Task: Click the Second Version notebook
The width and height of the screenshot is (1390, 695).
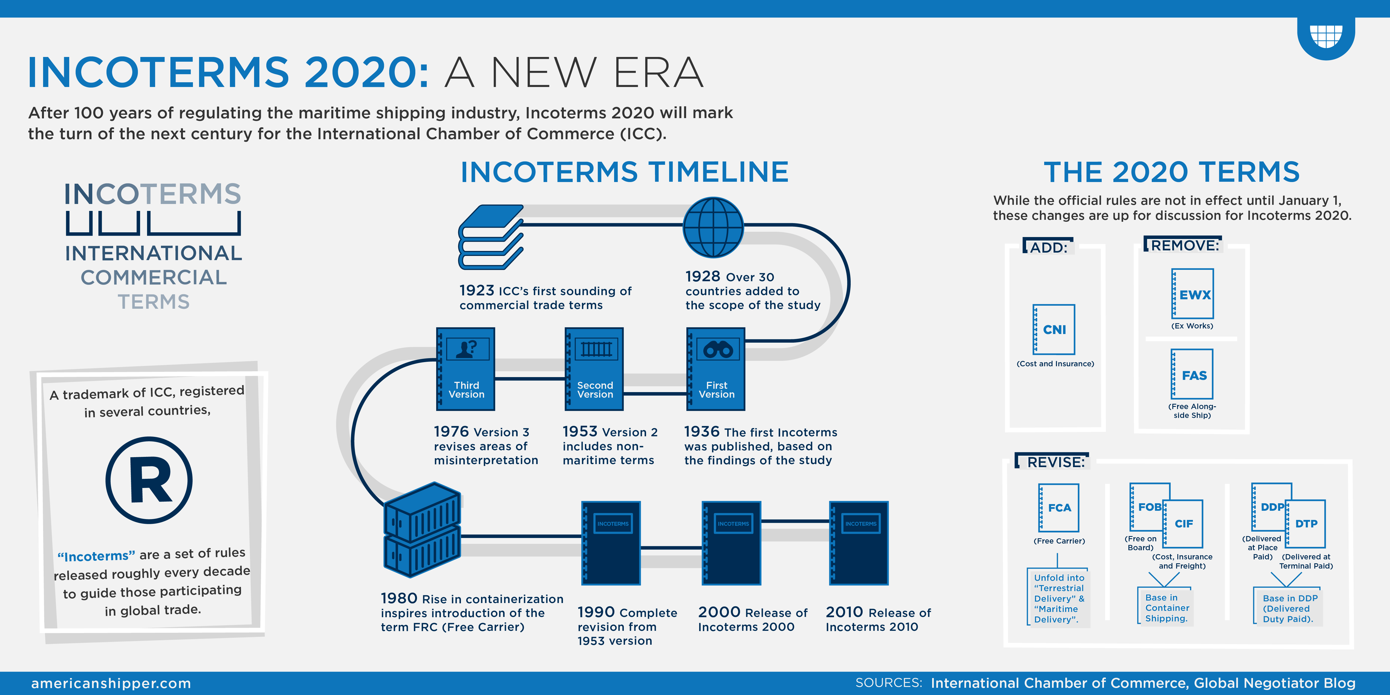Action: coord(594,369)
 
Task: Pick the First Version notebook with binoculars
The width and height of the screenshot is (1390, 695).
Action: coord(716,369)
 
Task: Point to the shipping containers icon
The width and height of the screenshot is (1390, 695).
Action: coord(422,529)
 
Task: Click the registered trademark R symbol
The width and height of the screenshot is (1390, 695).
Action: coord(149,480)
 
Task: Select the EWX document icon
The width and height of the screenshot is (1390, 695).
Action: coord(1193,294)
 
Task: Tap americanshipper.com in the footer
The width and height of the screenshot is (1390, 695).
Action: coord(111,683)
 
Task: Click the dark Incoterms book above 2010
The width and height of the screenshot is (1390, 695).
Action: coord(858,543)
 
